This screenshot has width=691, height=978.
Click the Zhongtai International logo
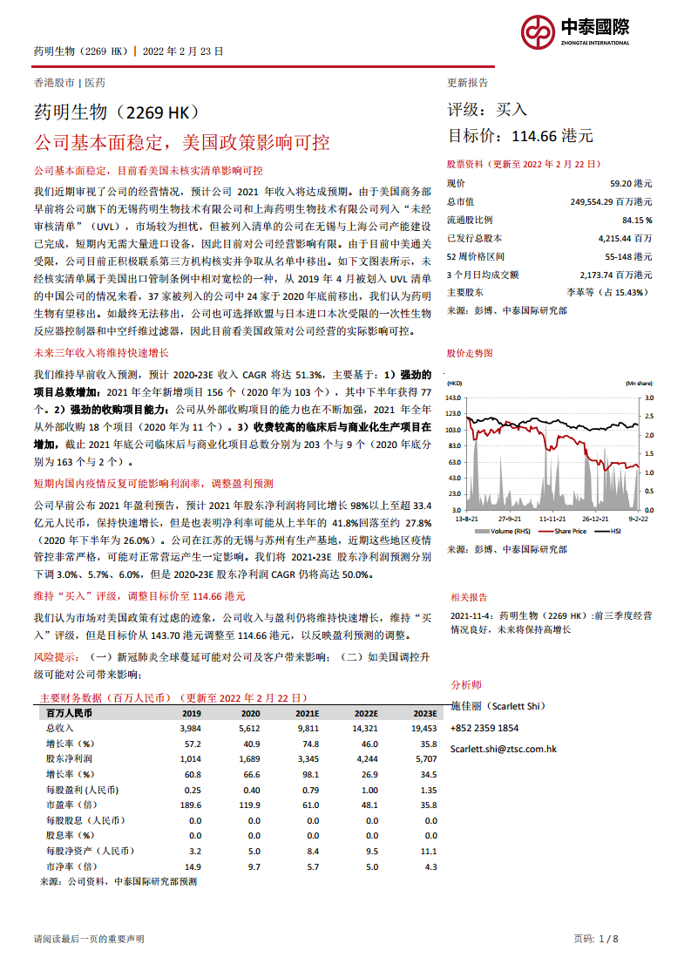coord(575,31)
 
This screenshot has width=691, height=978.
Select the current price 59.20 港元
coord(631,184)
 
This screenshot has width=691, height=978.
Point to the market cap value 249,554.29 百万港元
coord(611,201)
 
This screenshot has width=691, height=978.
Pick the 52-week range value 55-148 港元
coord(628,256)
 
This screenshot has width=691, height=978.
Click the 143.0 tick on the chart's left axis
coord(453,397)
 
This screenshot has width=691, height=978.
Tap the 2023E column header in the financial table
coord(424,713)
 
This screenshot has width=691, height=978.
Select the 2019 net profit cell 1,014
coord(191,759)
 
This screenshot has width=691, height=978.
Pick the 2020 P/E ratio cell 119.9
coord(249,805)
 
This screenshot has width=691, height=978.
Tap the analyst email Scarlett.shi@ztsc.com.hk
coord(504,749)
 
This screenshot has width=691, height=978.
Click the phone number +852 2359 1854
coord(484,728)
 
